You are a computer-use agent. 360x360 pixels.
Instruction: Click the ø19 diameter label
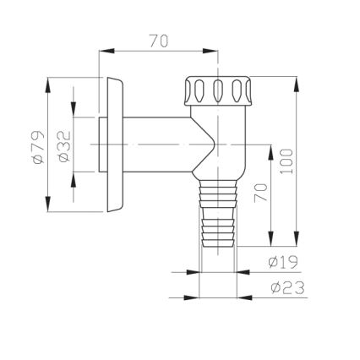pos(283,262)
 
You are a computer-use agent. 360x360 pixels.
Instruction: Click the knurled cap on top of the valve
pos(215,89)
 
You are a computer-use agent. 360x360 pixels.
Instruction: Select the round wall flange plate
pos(114,145)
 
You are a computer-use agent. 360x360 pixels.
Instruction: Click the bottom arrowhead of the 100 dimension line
pos(297,240)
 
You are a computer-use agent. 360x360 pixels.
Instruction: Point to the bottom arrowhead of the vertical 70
pos(270,240)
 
